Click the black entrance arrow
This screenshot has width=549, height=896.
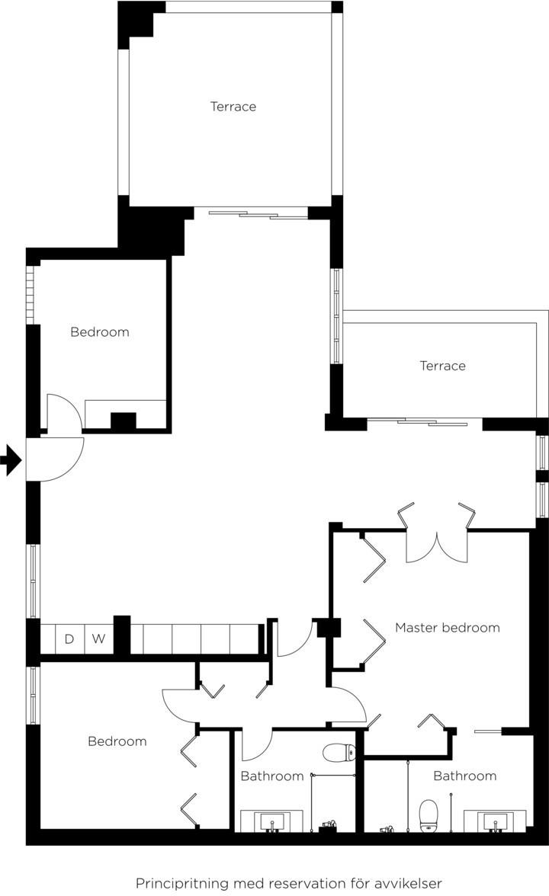pos(11,459)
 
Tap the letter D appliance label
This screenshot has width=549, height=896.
pos(69,638)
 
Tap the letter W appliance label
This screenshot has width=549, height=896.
pos(98,638)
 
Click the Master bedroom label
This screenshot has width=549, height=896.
pos(447,628)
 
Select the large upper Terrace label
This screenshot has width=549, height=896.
pos(233,107)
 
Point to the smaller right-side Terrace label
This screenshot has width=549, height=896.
pos(442,366)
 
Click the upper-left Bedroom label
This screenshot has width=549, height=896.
pos(99,332)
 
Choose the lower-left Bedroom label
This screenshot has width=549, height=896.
pos(117,741)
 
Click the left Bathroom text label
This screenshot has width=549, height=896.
pos(272,776)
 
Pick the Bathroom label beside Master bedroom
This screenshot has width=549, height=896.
pos(465,776)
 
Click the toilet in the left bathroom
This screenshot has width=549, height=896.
pos(339,753)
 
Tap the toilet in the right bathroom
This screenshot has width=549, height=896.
pos(429,816)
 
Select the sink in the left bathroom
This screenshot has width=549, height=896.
pos(271,821)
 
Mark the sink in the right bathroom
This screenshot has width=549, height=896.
pos(495,821)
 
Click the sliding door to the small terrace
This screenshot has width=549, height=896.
pos(425,422)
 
